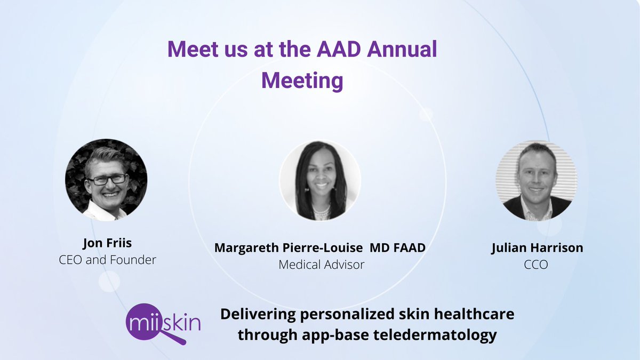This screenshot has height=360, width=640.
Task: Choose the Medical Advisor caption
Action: (321, 265)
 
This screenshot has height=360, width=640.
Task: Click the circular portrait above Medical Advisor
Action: (320, 181)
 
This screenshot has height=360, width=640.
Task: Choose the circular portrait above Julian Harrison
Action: (536, 181)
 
